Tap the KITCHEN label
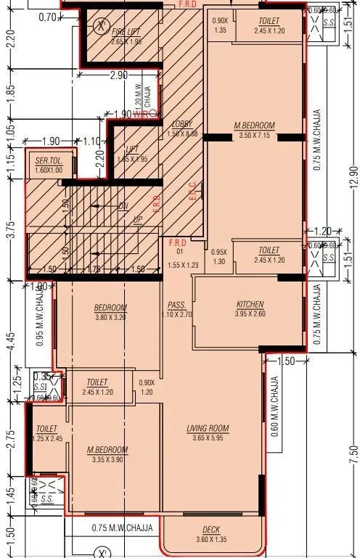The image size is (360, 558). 250,304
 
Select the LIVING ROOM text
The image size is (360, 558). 209,429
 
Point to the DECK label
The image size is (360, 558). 210,530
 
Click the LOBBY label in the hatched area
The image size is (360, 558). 181,124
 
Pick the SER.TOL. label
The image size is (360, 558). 49,160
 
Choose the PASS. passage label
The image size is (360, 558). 176,305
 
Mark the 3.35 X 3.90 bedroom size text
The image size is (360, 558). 107,459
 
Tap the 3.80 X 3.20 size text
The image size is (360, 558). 110,317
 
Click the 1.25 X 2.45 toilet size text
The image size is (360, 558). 47,439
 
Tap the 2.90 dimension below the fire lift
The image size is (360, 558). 118,75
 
